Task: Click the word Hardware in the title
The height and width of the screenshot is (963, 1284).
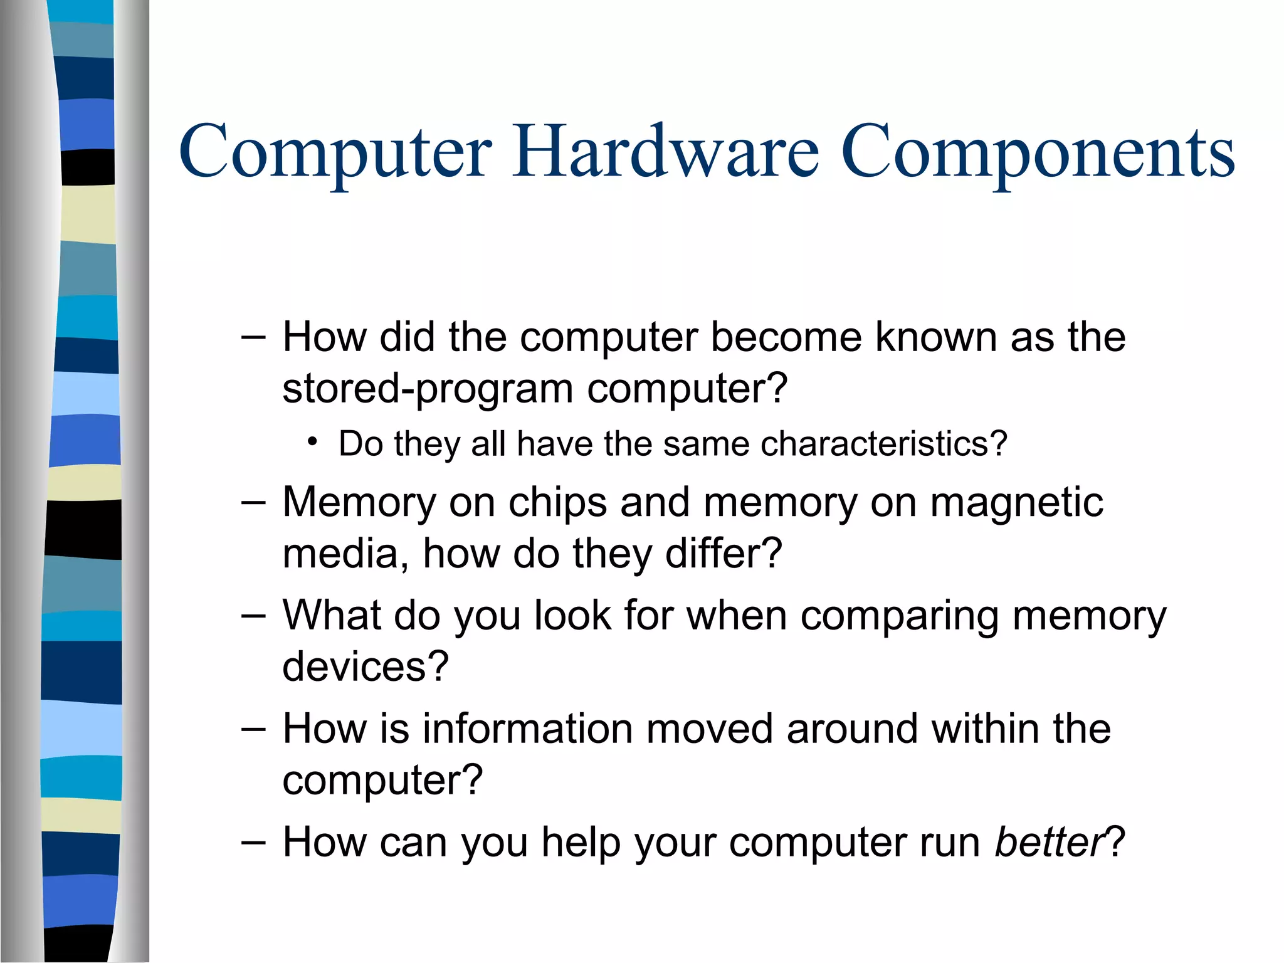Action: tap(665, 152)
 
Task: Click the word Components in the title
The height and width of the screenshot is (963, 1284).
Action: tap(1038, 152)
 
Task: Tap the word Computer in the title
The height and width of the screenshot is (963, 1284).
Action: tap(335, 152)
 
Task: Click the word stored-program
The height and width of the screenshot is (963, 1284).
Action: tap(428, 389)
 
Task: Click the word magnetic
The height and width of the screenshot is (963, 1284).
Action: tap(1016, 503)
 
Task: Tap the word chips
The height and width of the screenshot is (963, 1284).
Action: tap(557, 503)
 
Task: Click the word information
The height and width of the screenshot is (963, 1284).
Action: tap(527, 729)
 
